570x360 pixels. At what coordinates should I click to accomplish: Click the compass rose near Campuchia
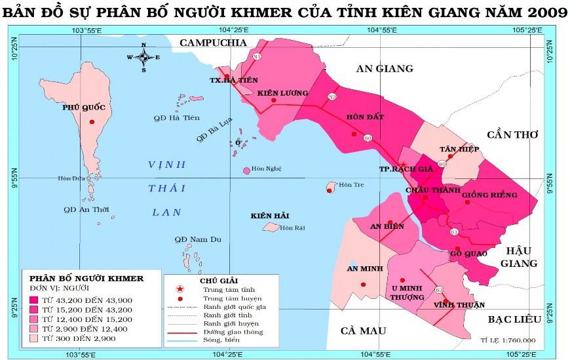(144, 57)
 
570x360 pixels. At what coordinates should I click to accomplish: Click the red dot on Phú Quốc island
(92, 123)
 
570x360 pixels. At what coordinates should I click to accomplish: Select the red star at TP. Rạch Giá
(403, 165)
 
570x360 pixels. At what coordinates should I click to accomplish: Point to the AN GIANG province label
(385, 68)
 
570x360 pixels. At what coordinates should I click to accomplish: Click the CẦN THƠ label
(512, 134)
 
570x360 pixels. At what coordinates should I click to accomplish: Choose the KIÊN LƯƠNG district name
(282, 93)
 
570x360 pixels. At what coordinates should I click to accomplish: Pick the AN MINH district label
(362, 268)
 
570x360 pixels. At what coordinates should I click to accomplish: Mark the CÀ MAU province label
(364, 330)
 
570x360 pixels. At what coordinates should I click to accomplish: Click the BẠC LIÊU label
(514, 319)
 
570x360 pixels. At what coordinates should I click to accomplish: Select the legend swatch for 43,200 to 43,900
(33, 300)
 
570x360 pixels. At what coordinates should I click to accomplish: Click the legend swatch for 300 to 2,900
(33, 338)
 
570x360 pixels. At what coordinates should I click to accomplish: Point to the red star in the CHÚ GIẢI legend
(180, 289)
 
